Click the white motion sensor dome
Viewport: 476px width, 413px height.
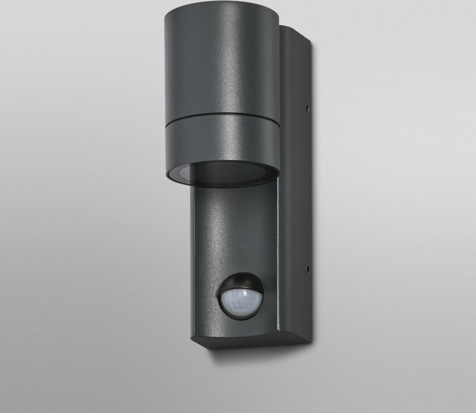[x=242, y=302]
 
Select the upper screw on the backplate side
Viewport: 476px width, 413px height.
[x=307, y=106]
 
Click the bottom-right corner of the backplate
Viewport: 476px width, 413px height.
[x=310, y=339]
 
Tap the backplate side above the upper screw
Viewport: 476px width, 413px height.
[x=300, y=68]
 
